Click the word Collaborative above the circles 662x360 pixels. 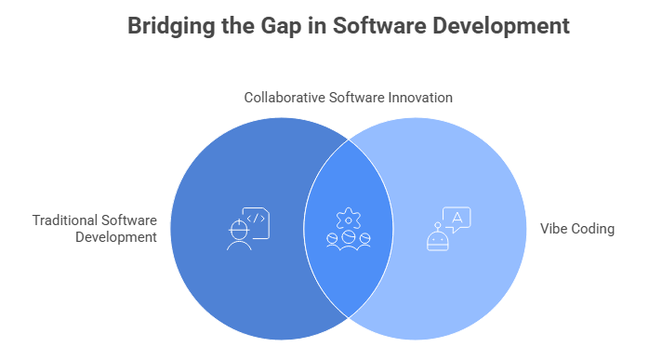(x=283, y=97)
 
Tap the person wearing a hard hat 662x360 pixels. (x=238, y=233)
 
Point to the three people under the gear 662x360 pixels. (x=349, y=240)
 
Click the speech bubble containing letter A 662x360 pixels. (x=457, y=219)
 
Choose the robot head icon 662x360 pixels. (x=436, y=238)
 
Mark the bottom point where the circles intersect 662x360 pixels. (x=349, y=318)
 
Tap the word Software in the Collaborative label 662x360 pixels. (x=354, y=97)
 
